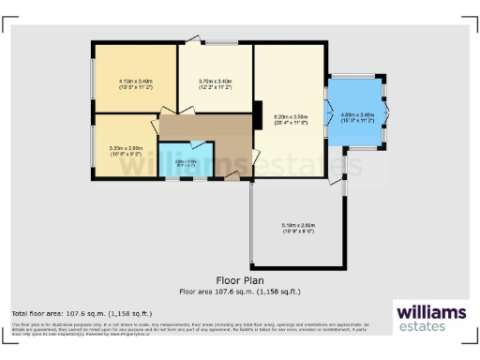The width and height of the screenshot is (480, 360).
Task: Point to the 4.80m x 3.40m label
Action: tap(356, 116)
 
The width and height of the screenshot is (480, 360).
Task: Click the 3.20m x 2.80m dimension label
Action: tap(124, 149)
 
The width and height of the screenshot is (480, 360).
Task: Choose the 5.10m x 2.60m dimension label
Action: tap(298, 227)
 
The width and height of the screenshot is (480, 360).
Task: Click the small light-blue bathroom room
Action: tap(186, 159)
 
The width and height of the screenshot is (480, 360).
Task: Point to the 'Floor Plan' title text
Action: tap(239, 279)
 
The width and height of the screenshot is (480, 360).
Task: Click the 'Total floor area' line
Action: tap(81, 312)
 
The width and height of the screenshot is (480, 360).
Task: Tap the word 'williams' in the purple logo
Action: tap(429, 312)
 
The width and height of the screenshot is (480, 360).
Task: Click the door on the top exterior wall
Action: tap(192, 38)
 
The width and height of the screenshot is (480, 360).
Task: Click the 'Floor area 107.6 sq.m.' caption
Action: tap(239, 291)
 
